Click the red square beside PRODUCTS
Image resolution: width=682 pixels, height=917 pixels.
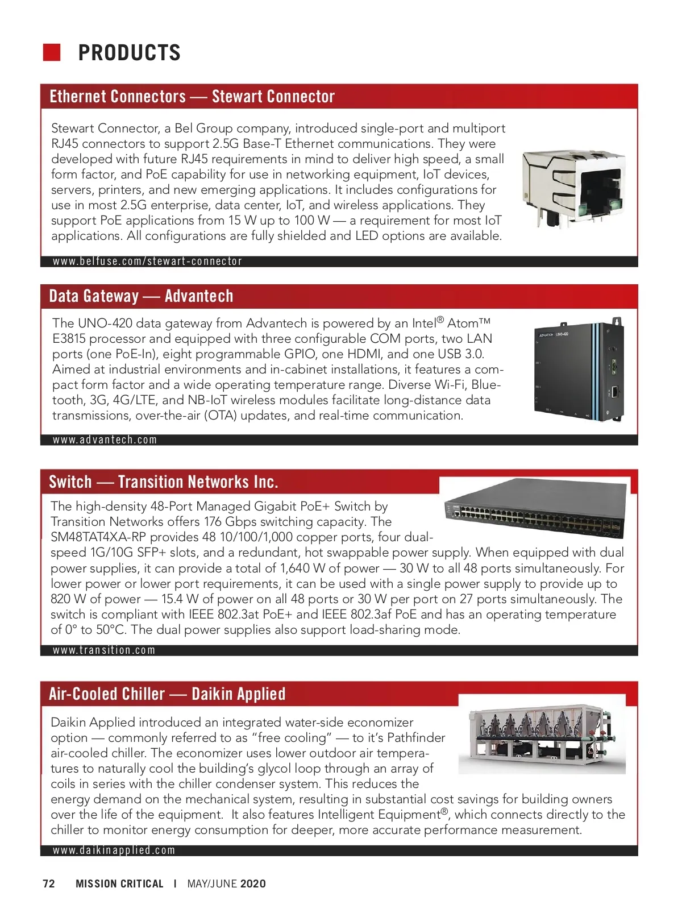pyautogui.click(x=52, y=52)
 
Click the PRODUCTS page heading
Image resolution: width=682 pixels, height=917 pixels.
pyautogui.click(x=129, y=53)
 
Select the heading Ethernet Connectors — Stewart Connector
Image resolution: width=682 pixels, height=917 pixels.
pyautogui.click(x=192, y=97)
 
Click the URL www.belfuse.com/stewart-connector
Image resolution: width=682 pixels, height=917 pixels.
pyautogui.click(x=147, y=262)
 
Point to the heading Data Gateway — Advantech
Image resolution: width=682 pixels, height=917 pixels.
pyautogui.click(x=141, y=296)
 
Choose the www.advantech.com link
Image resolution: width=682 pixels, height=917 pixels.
pyautogui.click(x=105, y=440)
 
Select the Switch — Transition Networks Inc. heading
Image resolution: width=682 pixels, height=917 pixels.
pyautogui.click(x=163, y=482)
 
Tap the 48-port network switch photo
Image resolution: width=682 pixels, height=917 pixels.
pyautogui.click(x=535, y=509)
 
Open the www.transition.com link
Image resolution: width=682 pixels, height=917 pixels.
pyautogui.click(x=103, y=650)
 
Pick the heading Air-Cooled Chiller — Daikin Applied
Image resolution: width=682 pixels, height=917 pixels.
pyautogui.click(x=167, y=694)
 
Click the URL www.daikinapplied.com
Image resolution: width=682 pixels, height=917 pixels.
pyautogui.click(x=114, y=850)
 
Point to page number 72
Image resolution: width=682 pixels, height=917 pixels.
pyautogui.click(x=49, y=884)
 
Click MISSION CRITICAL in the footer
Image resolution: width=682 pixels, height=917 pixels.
pyautogui.click(x=119, y=884)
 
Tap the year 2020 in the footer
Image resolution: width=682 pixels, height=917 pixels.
pyautogui.click(x=253, y=884)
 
